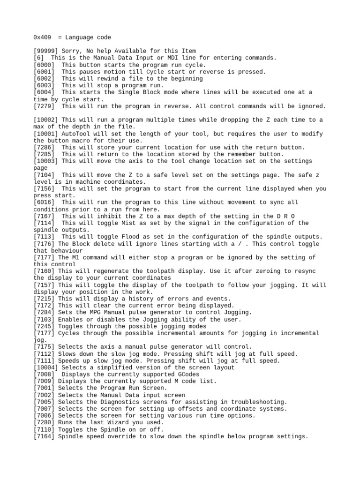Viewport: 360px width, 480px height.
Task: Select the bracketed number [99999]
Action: [46, 51]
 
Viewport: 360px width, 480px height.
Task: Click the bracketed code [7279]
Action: [44, 106]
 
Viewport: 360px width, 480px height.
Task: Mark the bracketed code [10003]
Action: [46, 161]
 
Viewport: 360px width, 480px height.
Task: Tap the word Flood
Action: [123, 237]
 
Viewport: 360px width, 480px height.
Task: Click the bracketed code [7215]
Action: [44, 299]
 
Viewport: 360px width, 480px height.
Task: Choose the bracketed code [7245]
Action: [44, 326]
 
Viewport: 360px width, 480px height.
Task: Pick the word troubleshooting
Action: [258, 402]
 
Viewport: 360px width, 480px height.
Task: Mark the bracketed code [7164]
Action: [44, 436]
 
